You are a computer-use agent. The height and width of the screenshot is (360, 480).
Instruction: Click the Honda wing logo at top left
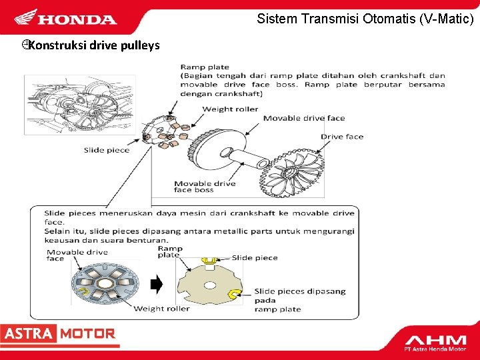[25, 18]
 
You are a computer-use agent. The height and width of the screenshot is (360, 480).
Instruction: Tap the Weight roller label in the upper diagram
[229, 109]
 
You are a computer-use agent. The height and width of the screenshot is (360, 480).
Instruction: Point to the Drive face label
[342, 137]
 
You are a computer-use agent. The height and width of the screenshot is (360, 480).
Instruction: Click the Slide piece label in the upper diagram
[107, 150]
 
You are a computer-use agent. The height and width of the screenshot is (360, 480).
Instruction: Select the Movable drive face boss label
[204, 187]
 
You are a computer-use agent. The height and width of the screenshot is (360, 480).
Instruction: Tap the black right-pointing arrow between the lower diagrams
[157, 285]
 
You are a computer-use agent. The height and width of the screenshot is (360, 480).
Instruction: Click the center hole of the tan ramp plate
[210, 285]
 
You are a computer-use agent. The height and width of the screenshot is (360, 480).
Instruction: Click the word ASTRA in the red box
[27, 333]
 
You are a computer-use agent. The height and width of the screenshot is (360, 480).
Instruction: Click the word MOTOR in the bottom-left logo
[87, 333]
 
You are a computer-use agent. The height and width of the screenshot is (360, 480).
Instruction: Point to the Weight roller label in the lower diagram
[161, 308]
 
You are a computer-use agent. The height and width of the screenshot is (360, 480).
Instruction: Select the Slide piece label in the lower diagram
[255, 258]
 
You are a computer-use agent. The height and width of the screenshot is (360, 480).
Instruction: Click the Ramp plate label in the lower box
[169, 252]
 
